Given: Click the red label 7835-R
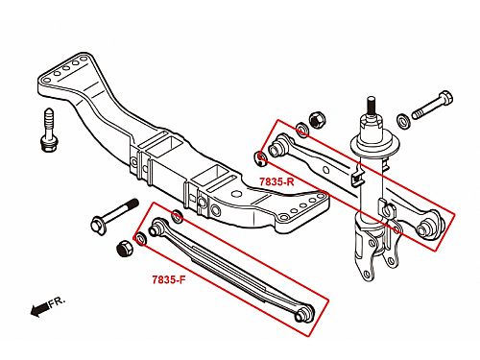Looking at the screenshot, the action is pyautogui.click(x=276, y=181).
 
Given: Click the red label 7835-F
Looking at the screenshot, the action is pyautogui.click(x=169, y=279).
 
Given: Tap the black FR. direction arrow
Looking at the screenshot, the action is pyautogui.click(x=39, y=309).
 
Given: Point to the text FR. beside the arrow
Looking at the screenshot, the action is pyautogui.click(x=57, y=301).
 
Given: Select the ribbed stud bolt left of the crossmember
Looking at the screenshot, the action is pyautogui.click(x=49, y=131).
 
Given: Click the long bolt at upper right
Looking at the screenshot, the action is pyautogui.click(x=432, y=105).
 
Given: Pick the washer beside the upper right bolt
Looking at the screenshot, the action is pyautogui.click(x=403, y=121).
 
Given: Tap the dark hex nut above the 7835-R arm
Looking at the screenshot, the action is pyautogui.click(x=318, y=120).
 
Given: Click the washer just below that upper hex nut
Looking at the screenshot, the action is pyautogui.click(x=301, y=130).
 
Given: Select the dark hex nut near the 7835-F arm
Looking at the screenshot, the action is pyautogui.click(x=125, y=248).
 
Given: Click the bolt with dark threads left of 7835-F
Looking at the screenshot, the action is pyautogui.click(x=114, y=215).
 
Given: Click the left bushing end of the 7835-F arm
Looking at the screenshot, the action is pyautogui.click(x=156, y=227).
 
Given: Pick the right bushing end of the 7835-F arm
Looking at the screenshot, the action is pyautogui.click(x=304, y=314).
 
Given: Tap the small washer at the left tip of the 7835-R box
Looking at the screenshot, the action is pyautogui.click(x=261, y=158).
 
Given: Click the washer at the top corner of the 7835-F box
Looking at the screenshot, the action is pyautogui.click(x=178, y=216).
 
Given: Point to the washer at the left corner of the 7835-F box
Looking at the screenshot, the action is pyautogui.click(x=141, y=239).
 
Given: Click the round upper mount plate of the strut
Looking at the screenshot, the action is pyautogui.click(x=374, y=142).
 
